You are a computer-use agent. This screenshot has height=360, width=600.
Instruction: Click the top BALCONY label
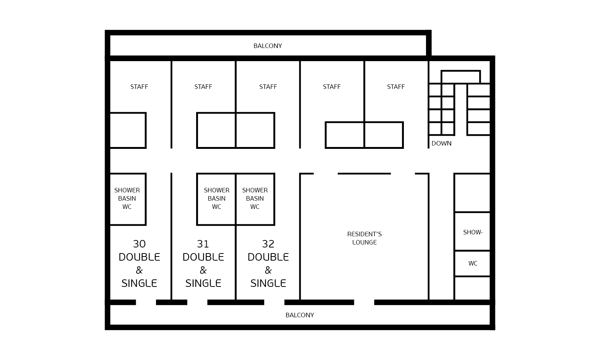point(268,46)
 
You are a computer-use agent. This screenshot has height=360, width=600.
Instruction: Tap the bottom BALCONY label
point(300,315)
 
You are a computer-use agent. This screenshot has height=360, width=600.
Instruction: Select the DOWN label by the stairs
point(441,143)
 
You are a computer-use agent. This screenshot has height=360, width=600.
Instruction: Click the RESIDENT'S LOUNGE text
point(364,238)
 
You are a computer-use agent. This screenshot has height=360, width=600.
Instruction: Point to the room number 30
point(139,244)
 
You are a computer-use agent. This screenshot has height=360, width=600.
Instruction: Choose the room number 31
point(203,244)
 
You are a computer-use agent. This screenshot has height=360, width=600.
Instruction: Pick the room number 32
point(268,244)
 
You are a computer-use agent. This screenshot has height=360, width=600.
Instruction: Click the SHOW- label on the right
point(473,232)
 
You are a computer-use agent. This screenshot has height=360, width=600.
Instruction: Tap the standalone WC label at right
point(473,263)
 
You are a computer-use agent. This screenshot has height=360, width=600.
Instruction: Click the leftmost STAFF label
point(139,87)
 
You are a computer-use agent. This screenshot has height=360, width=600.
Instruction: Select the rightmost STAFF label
point(396,87)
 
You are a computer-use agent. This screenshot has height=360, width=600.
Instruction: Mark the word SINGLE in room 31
point(203,283)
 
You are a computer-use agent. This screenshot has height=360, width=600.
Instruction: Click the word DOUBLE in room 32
point(268,257)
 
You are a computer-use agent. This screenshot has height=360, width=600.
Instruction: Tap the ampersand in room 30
point(139,270)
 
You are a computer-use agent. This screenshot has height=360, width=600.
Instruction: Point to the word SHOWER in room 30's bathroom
point(127,190)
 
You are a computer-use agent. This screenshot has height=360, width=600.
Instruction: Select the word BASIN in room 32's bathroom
point(255,198)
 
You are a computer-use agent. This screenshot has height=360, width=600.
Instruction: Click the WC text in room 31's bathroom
point(216,207)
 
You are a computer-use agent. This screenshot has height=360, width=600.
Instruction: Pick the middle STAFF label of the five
point(268,87)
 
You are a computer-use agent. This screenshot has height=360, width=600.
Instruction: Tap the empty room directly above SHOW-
point(472,193)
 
